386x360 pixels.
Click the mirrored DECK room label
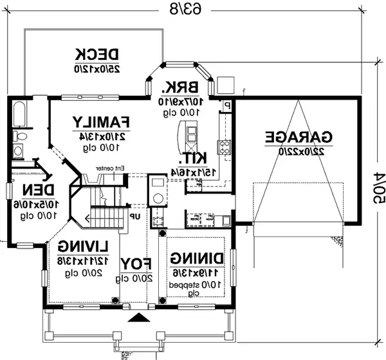pos(97,54)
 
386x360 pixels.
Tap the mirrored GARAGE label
pos(299,137)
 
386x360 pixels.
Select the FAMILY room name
pos(102,122)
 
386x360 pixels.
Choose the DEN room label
pos(32,190)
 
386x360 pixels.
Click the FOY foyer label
pos(136,264)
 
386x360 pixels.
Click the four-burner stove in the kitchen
pos(224,147)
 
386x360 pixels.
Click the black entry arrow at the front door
pos(136,318)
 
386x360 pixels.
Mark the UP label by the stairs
pos(135,217)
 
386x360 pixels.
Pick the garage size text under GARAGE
pos(299,151)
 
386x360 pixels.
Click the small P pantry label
pos(227,104)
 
